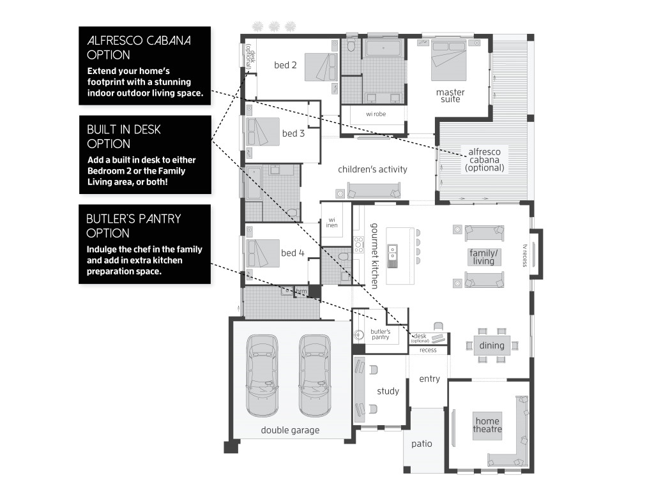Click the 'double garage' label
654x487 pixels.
click(290, 430)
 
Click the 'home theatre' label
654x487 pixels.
click(487, 425)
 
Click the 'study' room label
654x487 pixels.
click(388, 391)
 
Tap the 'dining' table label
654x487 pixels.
click(492, 346)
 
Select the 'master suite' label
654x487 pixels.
click(450, 96)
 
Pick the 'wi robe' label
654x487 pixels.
click(377, 115)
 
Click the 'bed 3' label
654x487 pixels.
click(293, 133)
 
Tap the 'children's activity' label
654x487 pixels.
click(372, 169)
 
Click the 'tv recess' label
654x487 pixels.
click(525, 255)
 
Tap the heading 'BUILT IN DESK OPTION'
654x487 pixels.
click(124, 137)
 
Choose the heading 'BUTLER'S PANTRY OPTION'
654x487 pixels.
click(134, 226)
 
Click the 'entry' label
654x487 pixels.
click(429, 379)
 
